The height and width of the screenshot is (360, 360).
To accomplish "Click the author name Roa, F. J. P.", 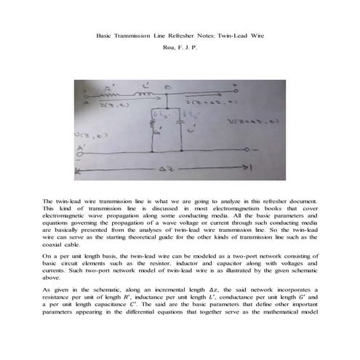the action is tap(180, 49).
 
